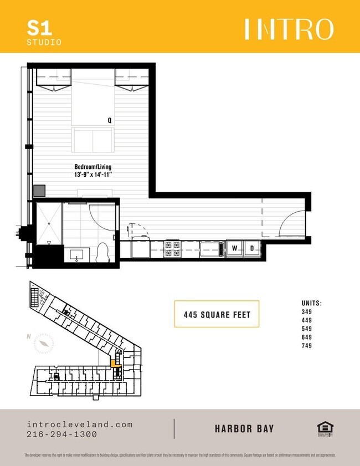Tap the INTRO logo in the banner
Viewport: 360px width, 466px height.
[289, 29]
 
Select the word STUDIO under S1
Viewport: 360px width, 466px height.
[44, 42]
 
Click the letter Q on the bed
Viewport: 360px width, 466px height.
[110, 120]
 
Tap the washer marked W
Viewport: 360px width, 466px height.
[235, 248]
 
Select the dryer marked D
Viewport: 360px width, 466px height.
[251, 248]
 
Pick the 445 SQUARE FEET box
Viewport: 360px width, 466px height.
[217, 315]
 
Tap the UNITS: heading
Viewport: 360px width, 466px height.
[312, 303]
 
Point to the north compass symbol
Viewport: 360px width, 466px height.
[43, 344]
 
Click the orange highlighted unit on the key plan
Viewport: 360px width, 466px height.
[115, 363]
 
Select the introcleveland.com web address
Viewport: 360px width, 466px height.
[80, 424]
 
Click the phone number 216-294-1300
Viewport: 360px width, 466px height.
[61, 434]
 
